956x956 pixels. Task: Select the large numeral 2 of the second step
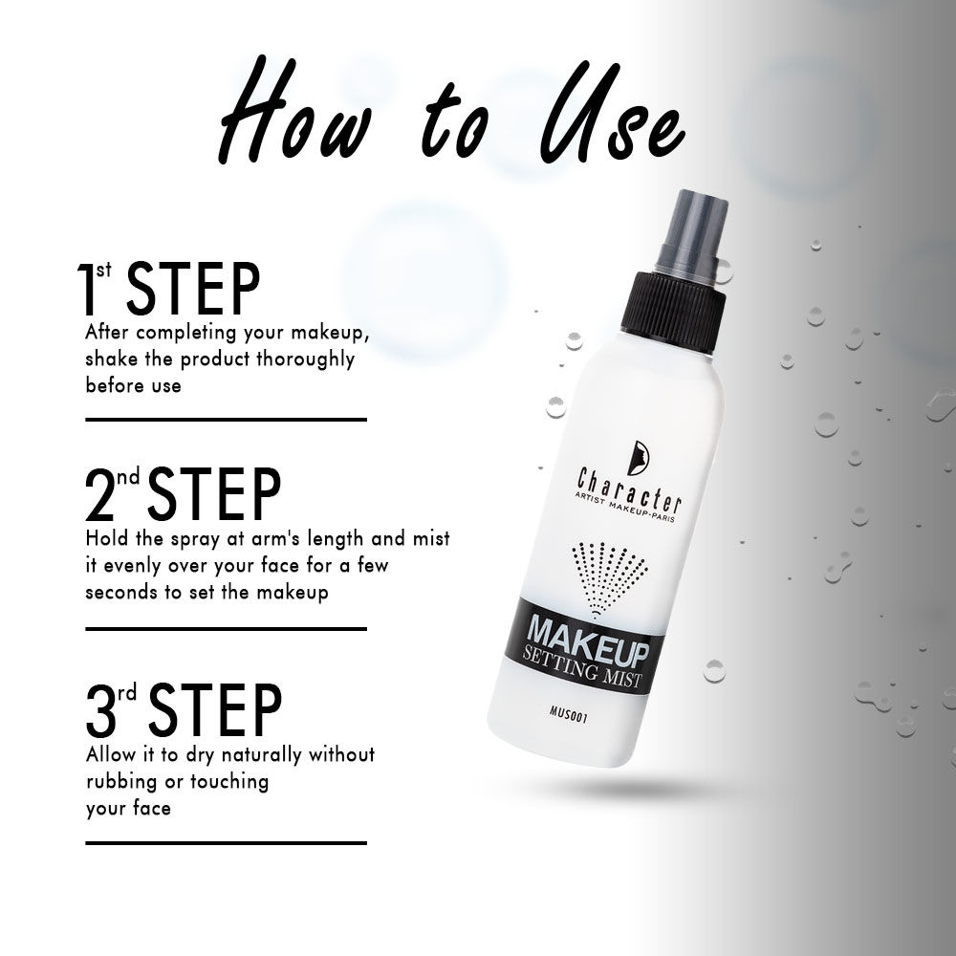pyautogui.click(x=99, y=495)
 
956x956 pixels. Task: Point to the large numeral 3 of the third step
pyautogui.click(x=100, y=710)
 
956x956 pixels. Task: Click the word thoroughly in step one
pyautogui.click(x=305, y=359)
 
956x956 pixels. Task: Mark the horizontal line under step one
pyautogui.click(x=226, y=420)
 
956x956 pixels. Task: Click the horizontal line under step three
pyautogui.click(x=226, y=843)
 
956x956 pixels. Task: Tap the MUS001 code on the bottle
pyautogui.click(x=568, y=713)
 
